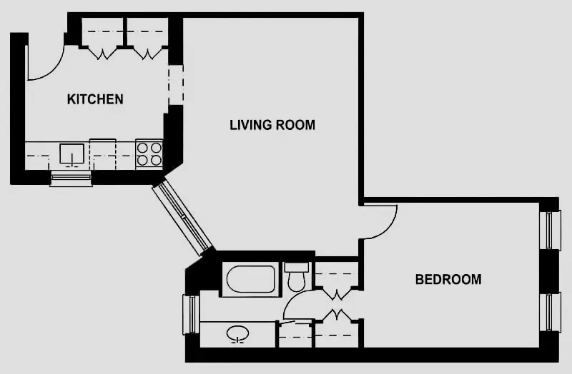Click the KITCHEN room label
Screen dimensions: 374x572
pos(95,99)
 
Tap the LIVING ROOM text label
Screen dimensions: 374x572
pos(272,125)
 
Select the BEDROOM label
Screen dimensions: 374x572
pos(448,279)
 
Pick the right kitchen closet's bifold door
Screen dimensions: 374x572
pos(148,52)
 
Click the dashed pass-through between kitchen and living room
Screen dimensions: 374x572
pos(176,84)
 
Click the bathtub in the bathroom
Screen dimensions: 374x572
pos(251,280)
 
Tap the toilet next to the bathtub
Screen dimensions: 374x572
pos(296,277)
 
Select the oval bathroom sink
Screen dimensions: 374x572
pos(238,333)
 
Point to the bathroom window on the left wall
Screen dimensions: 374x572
pos(190,314)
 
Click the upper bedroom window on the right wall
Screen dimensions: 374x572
pos(549,230)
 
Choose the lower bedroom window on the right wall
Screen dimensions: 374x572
pos(549,312)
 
